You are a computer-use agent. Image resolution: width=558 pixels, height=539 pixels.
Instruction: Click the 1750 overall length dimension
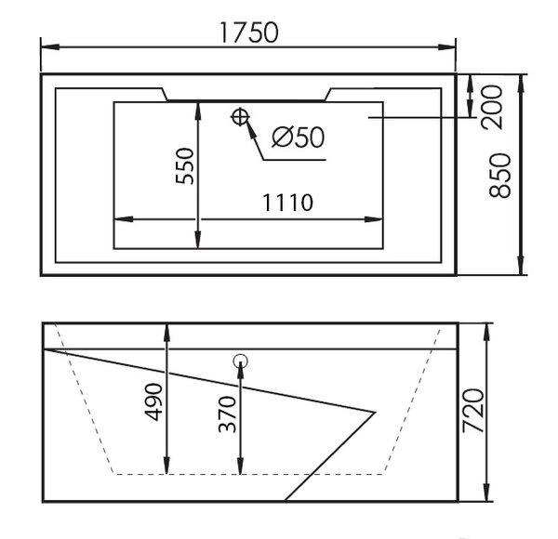coord(248,33)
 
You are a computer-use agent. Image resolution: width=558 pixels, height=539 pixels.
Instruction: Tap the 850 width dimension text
coord(500,176)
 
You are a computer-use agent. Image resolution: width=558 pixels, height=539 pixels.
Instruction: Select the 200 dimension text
coord(491,107)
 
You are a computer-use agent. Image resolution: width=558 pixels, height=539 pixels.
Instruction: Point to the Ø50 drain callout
coord(299,137)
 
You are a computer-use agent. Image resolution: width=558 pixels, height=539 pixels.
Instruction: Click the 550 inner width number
coord(185,166)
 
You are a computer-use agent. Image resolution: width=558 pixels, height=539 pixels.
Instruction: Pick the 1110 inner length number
coord(287,203)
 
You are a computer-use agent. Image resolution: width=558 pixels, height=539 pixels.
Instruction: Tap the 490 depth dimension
coord(153,401)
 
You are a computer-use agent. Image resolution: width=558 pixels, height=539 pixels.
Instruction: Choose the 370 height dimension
coord(227,414)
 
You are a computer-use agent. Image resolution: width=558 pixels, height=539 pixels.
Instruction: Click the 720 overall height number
coord(473,411)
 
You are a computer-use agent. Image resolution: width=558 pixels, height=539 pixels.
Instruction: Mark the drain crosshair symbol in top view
coord(240,116)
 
